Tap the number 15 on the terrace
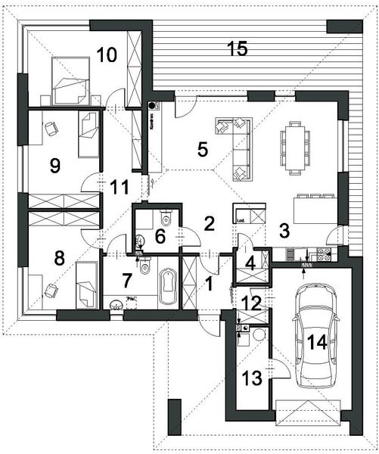point(237,49)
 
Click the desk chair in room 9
point(51,129)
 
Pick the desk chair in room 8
point(51,290)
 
